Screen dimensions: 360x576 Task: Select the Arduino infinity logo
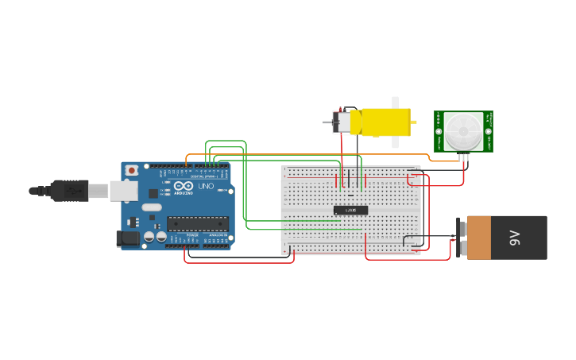pyautogui.click(x=182, y=186)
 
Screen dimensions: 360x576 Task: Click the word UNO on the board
pyautogui.click(x=205, y=186)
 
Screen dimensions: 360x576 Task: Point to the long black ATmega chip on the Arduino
pyautogui.click(x=197, y=224)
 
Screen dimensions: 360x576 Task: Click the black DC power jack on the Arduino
pyautogui.click(x=127, y=238)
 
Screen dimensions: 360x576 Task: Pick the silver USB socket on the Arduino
pyautogui.click(x=122, y=191)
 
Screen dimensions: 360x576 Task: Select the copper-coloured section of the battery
pyautogui.click(x=479, y=238)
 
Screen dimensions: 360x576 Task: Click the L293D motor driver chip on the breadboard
pyautogui.click(x=350, y=210)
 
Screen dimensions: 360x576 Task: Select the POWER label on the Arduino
pyautogui.click(x=192, y=236)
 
